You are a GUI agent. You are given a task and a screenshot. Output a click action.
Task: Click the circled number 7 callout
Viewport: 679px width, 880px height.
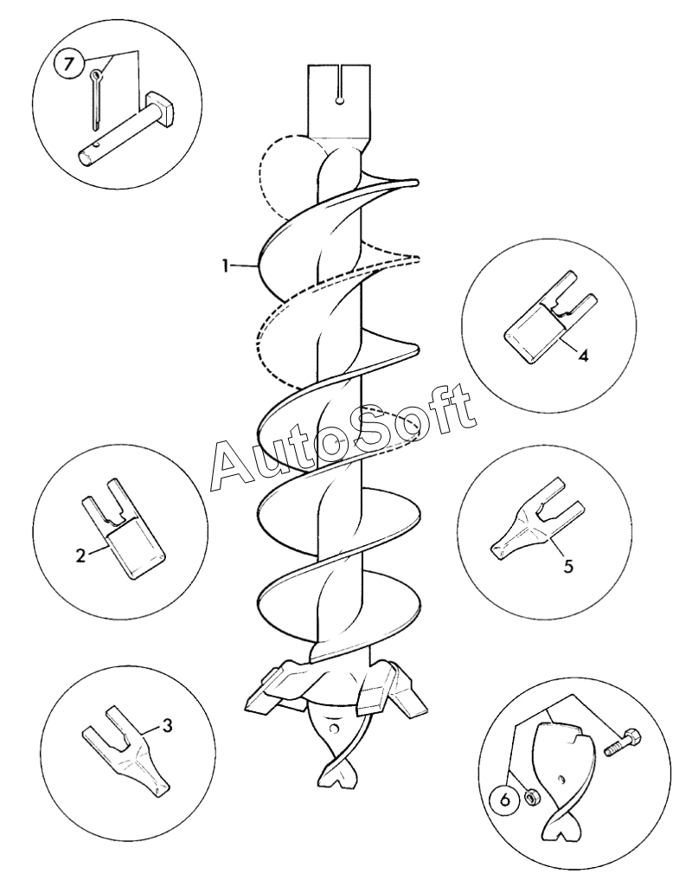pyautogui.click(x=68, y=63)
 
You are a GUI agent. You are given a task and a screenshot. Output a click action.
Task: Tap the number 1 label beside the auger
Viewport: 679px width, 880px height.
pyautogui.click(x=225, y=266)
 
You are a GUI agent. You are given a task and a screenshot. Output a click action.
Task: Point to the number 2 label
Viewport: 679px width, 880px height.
pyautogui.click(x=80, y=556)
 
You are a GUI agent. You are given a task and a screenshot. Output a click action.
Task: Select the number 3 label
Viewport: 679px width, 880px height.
pyautogui.click(x=167, y=725)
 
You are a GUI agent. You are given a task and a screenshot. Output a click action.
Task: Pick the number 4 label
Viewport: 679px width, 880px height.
pyautogui.click(x=583, y=356)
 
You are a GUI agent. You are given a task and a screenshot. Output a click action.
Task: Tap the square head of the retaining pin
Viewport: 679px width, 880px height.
pyautogui.click(x=159, y=109)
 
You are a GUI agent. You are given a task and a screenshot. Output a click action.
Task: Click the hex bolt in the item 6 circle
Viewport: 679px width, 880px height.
pyautogui.click(x=623, y=742)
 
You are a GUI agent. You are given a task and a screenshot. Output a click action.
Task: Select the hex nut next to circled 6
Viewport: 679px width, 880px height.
pyautogui.click(x=528, y=795)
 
